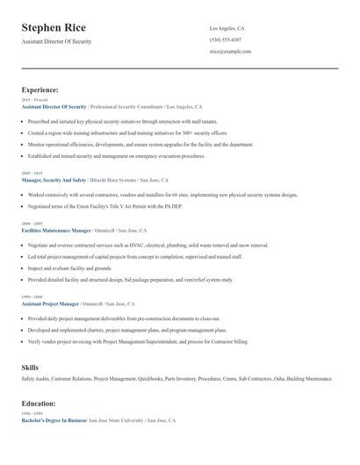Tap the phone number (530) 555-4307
[x=227, y=39]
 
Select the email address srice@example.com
[x=230, y=51]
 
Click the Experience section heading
[x=40, y=89]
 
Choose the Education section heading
[x=39, y=403]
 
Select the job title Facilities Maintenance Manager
[x=56, y=229]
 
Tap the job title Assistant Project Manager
[x=51, y=302]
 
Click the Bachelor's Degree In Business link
[x=54, y=420]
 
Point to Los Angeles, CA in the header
[x=227, y=28]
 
